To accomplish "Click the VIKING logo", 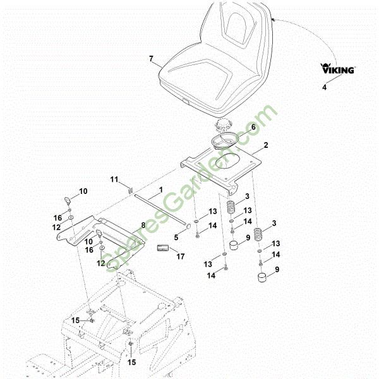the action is point(338,68).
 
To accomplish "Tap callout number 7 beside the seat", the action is point(151,59).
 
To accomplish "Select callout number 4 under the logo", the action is point(324,87).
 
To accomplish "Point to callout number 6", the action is point(253,127).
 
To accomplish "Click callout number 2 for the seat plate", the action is point(266,145).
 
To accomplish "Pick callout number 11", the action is point(114,179).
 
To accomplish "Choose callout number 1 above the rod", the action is point(161,189).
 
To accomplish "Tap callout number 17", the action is point(181,256).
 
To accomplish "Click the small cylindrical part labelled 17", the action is point(162,248).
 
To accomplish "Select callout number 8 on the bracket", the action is point(143,226).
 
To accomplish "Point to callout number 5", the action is point(176,238).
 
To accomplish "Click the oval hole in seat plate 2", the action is point(227,160).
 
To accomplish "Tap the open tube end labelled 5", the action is point(188,227).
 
